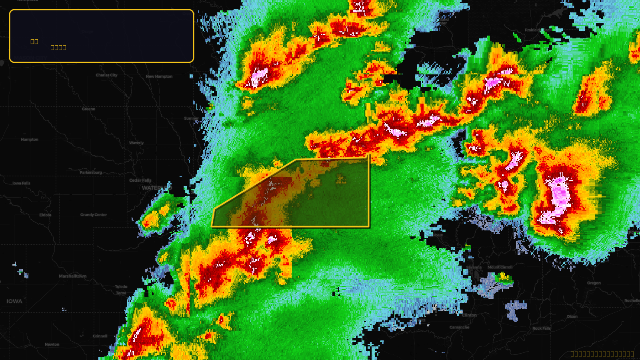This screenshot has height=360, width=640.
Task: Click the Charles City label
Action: point(106,75)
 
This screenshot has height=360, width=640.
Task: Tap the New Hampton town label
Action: point(159,76)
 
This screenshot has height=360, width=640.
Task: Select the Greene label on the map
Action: point(88,109)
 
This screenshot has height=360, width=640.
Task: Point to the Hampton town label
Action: point(30,140)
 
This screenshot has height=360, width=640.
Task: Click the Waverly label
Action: point(136,143)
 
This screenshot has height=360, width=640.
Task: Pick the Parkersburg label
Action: point(91,172)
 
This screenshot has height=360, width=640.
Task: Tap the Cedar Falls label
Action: point(140,180)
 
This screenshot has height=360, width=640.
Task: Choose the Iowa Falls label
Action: point(21,183)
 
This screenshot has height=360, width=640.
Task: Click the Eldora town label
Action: point(45,215)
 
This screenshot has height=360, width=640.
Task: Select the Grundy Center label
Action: point(94,215)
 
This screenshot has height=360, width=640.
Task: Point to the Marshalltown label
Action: point(72,276)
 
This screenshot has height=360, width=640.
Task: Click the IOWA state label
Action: point(14,301)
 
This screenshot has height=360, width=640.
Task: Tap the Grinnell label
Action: point(100,336)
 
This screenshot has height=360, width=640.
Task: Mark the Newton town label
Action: point(52,344)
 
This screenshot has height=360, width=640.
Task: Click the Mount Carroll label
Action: point(500,267)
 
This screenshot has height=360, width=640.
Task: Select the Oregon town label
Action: point(594,283)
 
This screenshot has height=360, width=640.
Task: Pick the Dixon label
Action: point(572,316)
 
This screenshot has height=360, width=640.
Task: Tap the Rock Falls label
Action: point(542,328)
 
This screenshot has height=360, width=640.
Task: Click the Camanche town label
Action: point(459,327)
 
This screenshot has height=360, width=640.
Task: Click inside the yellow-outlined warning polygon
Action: point(320,196)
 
